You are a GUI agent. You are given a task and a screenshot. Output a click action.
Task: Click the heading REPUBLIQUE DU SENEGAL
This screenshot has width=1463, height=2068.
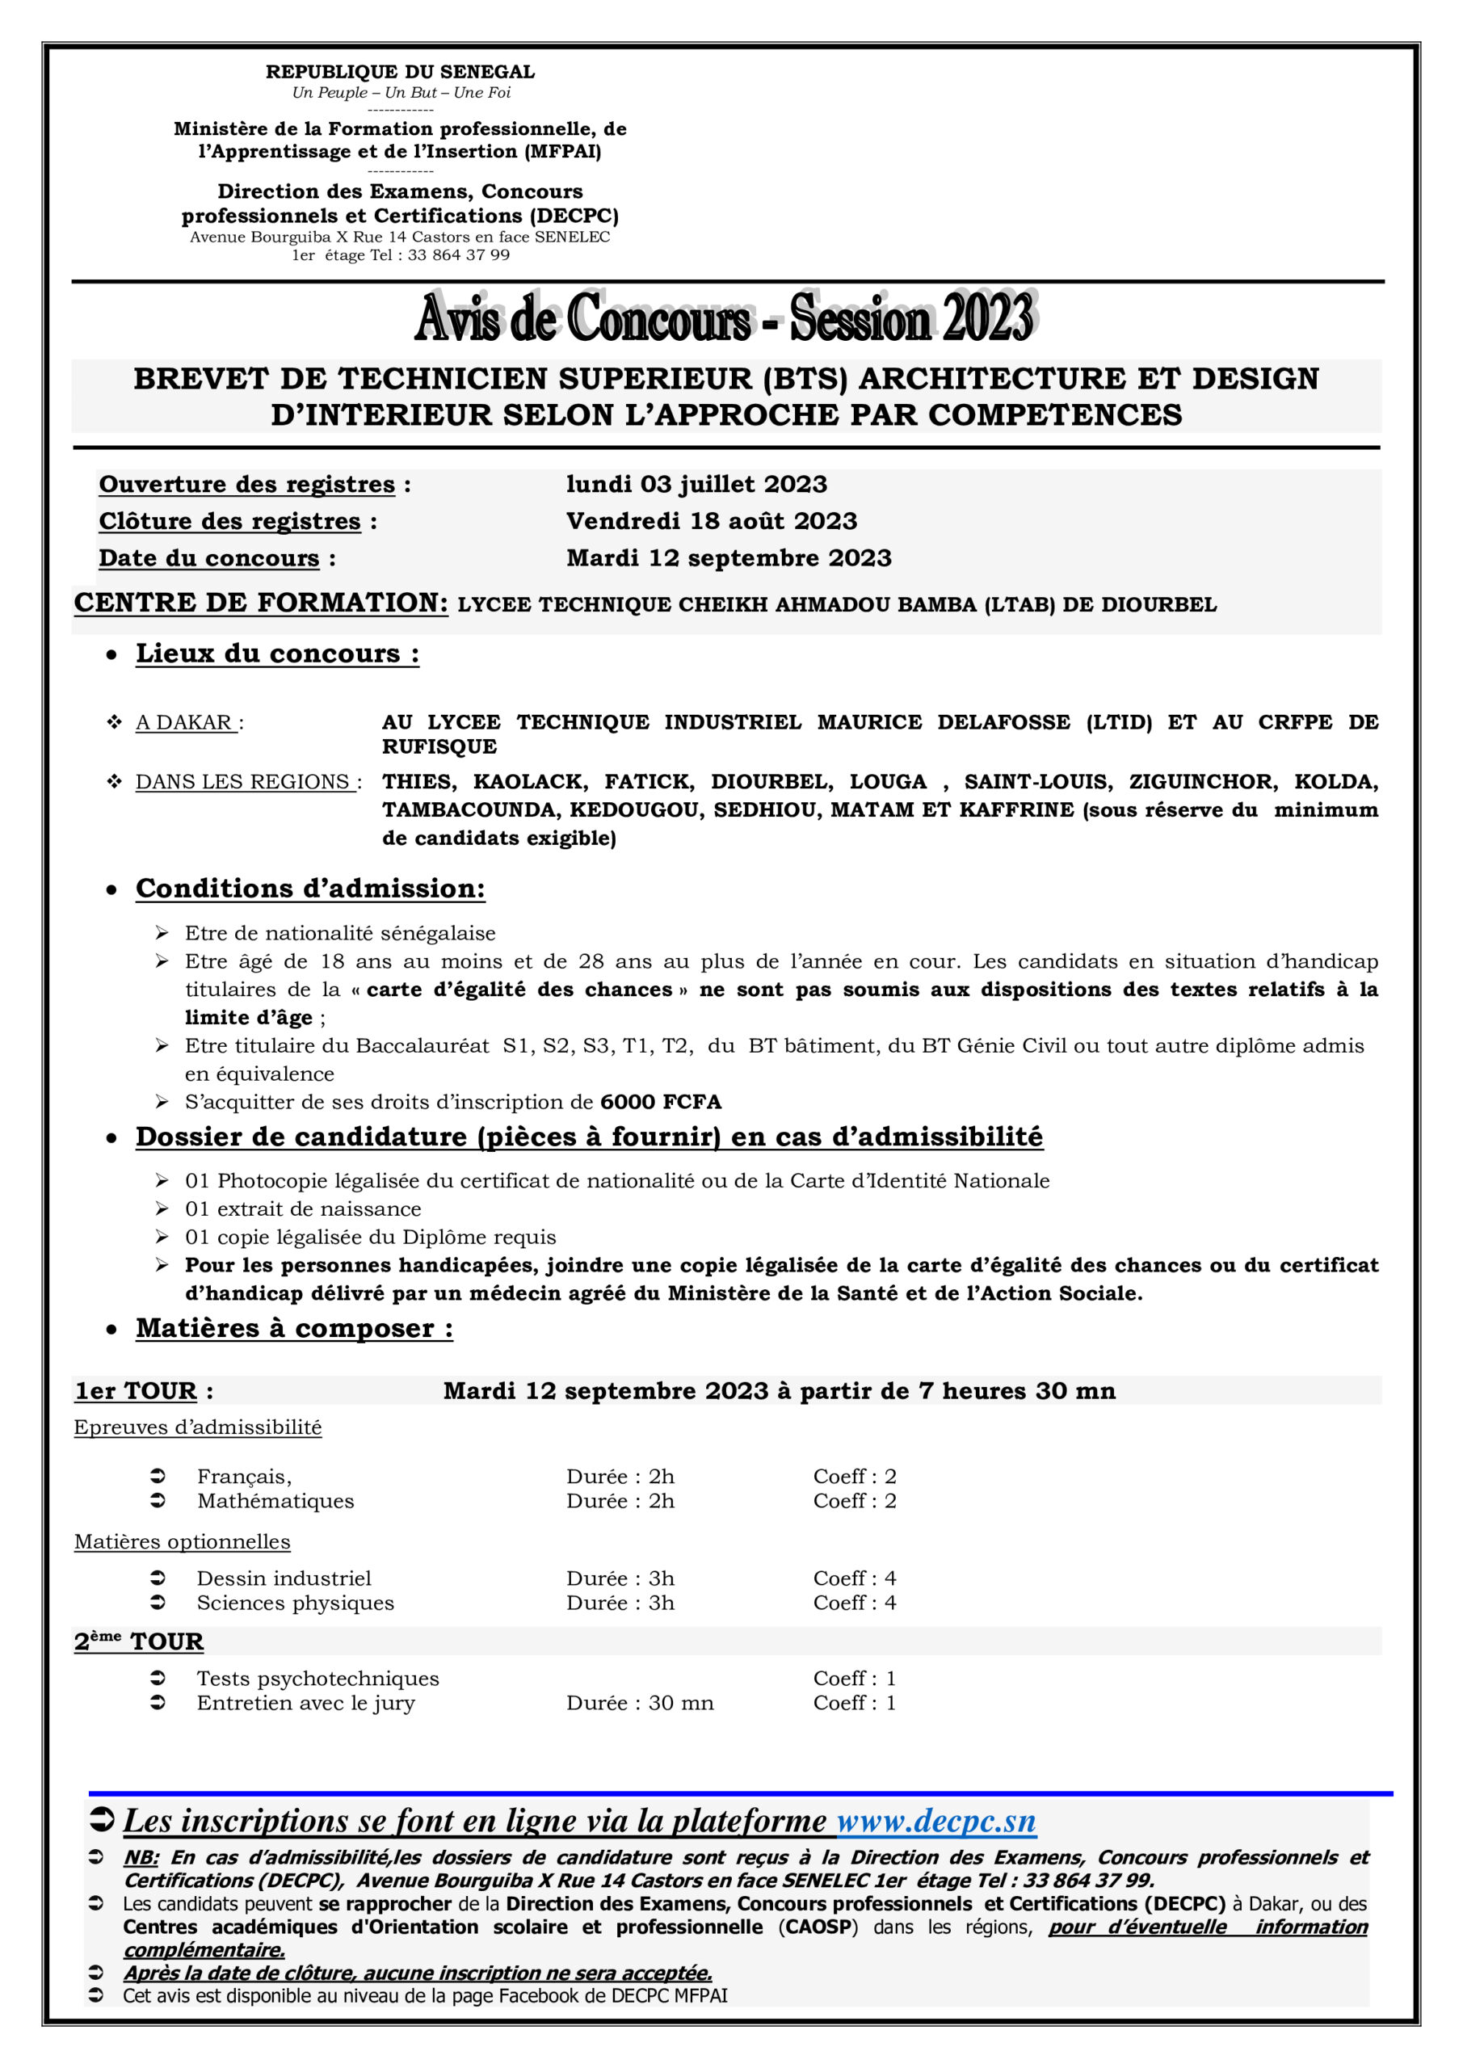click(400, 72)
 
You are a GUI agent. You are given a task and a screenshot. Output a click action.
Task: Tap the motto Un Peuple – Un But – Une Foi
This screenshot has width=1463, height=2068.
click(401, 93)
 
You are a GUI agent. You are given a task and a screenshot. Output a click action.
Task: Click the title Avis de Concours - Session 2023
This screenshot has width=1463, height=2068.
click(725, 318)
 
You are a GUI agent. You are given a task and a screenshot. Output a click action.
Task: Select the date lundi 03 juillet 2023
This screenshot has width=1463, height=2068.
click(696, 485)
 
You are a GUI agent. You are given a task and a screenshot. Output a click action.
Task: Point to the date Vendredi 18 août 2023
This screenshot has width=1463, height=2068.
click(712, 522)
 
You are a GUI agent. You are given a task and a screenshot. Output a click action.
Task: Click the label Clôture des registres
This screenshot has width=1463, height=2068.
click(229, 522)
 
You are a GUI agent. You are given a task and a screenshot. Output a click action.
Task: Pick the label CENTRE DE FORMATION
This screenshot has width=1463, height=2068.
click(260, 603)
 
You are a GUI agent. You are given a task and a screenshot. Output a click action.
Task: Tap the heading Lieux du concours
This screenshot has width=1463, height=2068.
click(276, 654)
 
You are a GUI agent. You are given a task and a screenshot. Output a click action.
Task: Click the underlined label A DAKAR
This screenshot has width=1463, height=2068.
click(186, 722)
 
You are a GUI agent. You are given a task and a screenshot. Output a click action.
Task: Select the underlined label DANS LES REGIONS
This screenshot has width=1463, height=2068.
click(244, 782)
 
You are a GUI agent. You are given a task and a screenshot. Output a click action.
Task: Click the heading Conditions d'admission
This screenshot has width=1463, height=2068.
click(310, 889)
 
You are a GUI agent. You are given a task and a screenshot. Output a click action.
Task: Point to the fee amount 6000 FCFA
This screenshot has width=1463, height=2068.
click(660, 1102)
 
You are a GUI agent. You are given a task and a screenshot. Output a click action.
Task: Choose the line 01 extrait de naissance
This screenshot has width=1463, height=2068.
click(303, 1208)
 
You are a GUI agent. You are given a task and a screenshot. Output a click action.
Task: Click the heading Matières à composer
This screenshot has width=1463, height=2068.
click(294, 1329)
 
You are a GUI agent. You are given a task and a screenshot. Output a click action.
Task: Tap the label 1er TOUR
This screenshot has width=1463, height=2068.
click(136, 1392)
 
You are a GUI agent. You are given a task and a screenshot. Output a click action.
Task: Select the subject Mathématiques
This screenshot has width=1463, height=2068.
click(275, 1502)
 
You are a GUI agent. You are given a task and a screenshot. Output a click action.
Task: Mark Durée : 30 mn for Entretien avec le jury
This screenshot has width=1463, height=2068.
click(640, 1703)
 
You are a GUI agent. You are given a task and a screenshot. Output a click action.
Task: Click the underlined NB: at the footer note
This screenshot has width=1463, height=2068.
click(141, 1857)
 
